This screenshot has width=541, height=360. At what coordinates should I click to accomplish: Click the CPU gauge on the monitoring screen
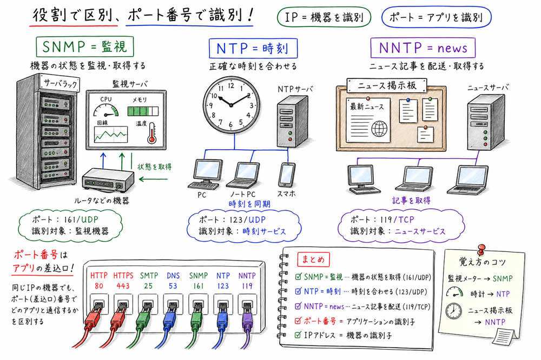point(106,110)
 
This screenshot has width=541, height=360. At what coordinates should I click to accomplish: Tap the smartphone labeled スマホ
point(286,175)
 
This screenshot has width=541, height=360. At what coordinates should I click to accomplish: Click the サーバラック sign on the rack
point(58,85)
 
